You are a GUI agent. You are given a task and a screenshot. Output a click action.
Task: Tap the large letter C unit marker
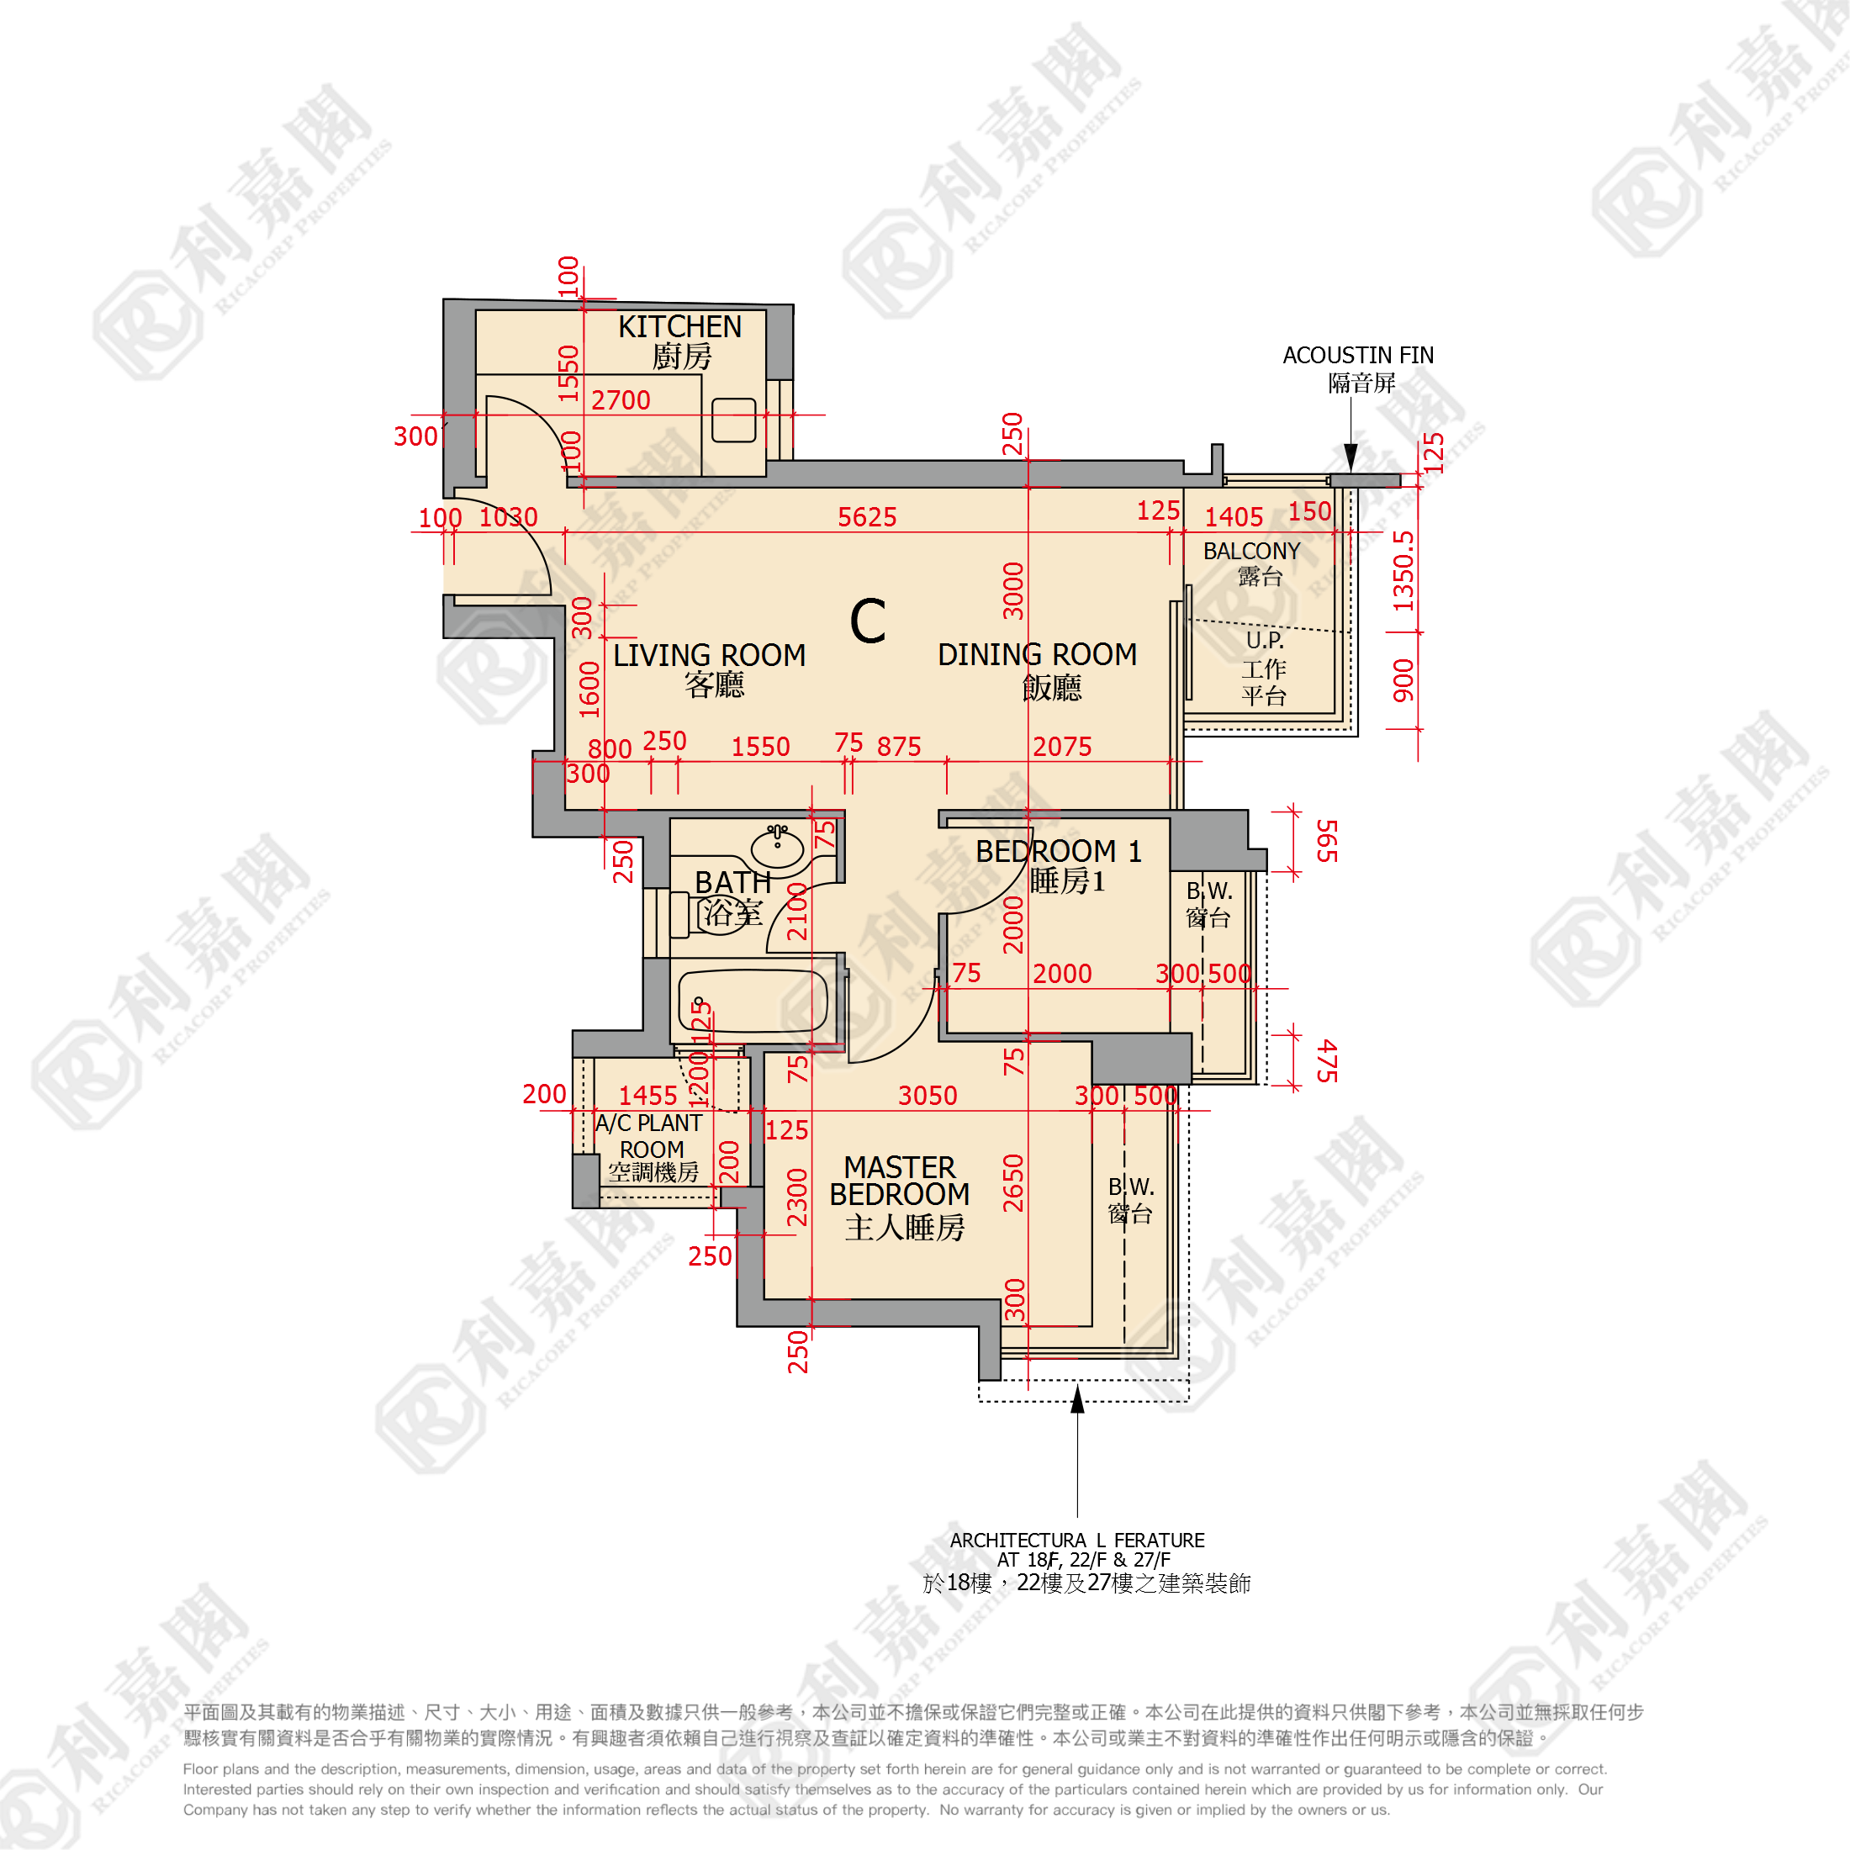pos(868,621)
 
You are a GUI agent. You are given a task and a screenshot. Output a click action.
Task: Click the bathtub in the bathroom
pos(752,1000)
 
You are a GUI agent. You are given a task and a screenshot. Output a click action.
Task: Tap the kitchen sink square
pos(733,420)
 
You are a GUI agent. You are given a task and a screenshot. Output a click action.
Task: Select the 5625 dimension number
pos(867,517)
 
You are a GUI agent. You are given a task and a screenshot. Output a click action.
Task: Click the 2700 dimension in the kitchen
pos(621,400)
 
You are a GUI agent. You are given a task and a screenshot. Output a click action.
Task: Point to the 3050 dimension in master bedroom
pos(927,1096)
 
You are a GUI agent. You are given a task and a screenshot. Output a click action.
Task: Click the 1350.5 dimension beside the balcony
pos(1403,571)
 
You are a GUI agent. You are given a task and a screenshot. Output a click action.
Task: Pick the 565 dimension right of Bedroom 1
pos(1326,841)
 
